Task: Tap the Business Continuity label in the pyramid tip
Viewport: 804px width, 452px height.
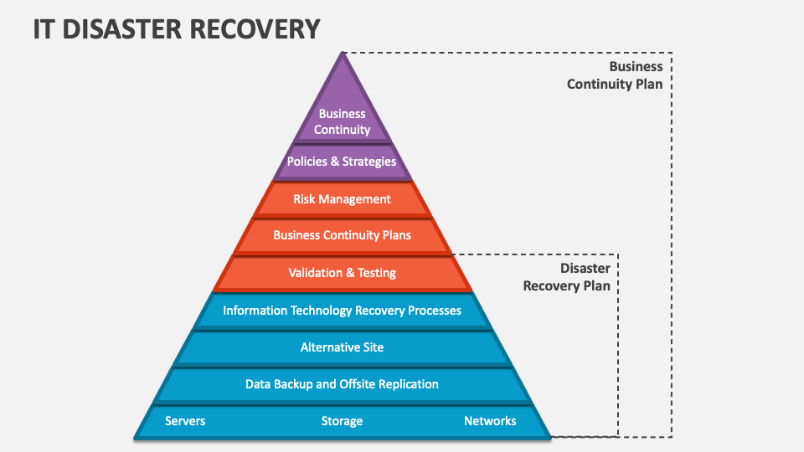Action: tap(342, 121)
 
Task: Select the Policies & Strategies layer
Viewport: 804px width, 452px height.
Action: tap(342, 162)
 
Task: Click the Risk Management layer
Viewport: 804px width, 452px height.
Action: tap(342, 199)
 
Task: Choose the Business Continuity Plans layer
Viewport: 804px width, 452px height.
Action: tap(342, 235)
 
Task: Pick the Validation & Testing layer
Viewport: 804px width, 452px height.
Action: tap(342, 273)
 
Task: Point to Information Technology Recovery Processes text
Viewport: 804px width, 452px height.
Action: tap(342, 311)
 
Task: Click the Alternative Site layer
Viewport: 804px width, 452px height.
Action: tap(342, 347)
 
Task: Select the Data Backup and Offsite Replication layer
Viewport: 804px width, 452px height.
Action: tap(342, 384)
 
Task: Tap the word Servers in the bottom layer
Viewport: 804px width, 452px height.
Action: tap(186, 421)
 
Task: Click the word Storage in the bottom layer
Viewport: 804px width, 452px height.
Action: tap(342, 421)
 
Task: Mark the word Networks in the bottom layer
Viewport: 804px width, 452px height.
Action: tap(490, 421)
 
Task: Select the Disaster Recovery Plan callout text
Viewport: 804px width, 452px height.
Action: tap(567, 277)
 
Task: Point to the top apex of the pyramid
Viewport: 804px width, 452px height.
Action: tap(342, 54)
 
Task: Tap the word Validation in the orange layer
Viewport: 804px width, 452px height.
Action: tap(315, 273)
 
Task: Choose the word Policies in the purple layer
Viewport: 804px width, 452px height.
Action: tap(307, 162)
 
